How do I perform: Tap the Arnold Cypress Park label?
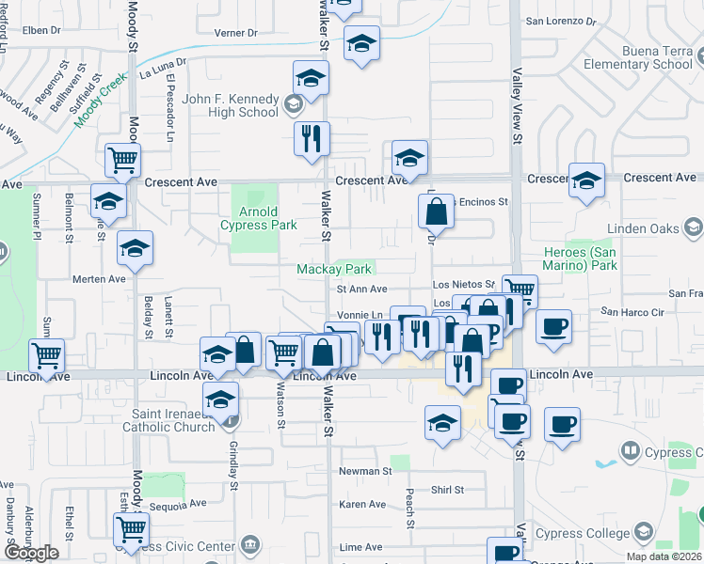tap(259, 218)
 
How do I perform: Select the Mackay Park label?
tap(334, 270)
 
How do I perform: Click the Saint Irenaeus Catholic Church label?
tap(168, 420)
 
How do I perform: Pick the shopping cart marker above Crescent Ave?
tap(123, 161)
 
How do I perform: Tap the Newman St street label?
tap(366, 471)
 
